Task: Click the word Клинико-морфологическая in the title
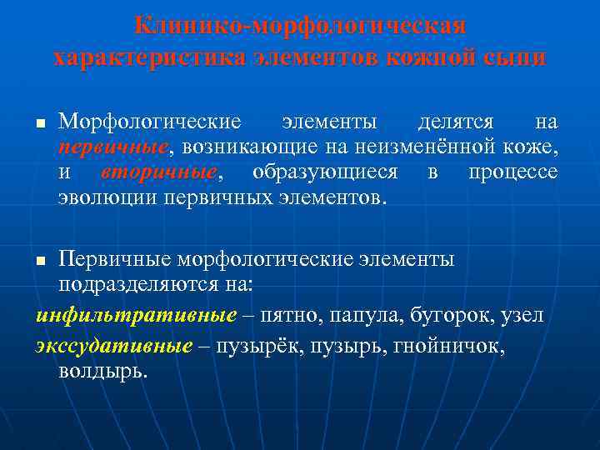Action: (300, 26)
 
